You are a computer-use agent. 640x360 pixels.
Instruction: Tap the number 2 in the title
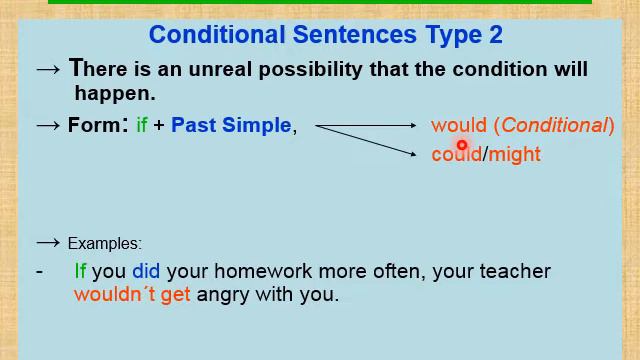tap(496, 35)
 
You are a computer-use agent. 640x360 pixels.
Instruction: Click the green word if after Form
tap(142, 126)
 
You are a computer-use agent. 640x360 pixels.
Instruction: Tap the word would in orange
tap(458, 126)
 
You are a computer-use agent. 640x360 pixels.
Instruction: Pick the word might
tap(515, 155)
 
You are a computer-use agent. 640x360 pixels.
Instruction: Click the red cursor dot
tap(462, 146)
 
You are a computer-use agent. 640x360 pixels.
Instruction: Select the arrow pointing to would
tap(366, 125)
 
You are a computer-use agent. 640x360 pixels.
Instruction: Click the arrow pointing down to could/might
tap(366, 139)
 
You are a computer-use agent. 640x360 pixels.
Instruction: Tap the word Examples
tap(104, 244)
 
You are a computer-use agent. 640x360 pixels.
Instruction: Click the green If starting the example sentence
tap(80, 271)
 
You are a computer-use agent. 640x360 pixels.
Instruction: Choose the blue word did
tap(146, 271)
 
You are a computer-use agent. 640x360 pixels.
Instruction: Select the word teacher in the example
tap(517, 271)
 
